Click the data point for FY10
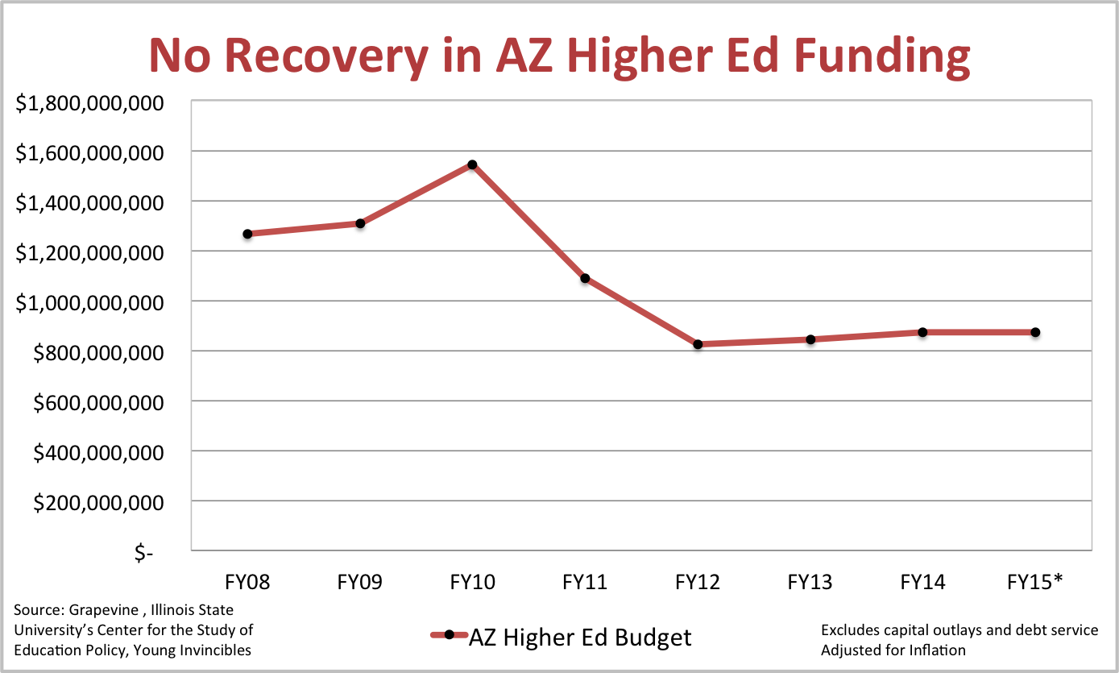[473, 164]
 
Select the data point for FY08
[247, 234]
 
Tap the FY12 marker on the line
[698, 344]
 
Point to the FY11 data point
[586, 278]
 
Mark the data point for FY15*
[1035, 332]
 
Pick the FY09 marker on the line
[360, 223]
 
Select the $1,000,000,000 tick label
[95, 302]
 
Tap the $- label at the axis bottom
[143, 553]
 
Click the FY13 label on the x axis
[810, 582]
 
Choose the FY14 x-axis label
[922, 582]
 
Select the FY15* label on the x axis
[1035, 582]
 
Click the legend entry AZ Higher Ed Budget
[579, 637]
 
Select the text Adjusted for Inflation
[893, 650]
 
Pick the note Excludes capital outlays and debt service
[959, 629]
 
